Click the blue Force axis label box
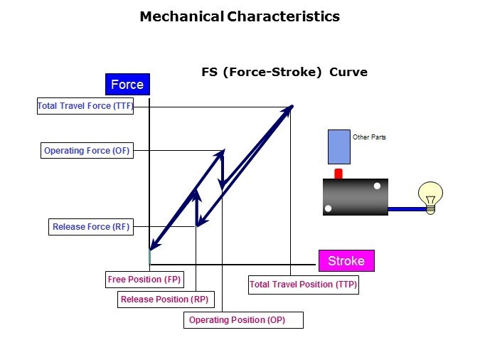click(x=127, y=85)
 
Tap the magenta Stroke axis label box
click(x=346, y=261)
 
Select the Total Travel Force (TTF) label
click(x=85, y=106)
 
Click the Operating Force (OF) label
click(x=87, y=151)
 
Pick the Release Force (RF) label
click(x=91, y=227)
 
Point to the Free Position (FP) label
click(x=145, y=280)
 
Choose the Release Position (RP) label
click(x=164, y=300)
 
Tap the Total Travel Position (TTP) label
click(x=303, y=285)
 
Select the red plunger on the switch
click(x=338, y=174)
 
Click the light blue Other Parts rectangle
click(x=338, y=147)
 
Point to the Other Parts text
click(x=369, y=137)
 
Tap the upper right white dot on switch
click(x=377, y=186)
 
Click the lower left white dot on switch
click(x=328, y=208)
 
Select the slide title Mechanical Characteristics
click(x=240, y=16)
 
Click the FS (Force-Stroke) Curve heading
click(x=284, y=73)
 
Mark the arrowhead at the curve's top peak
click(x=289, y=109)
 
